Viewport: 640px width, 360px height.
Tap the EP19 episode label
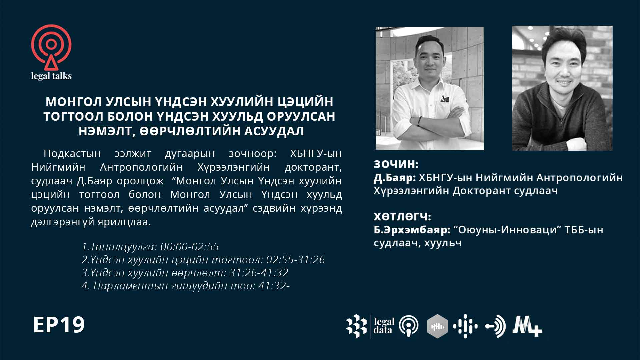click(x=59, y=325)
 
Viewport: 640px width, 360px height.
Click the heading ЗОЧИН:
click(x=396, y=164)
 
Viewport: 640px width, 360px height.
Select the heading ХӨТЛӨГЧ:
click(x=402, y=217)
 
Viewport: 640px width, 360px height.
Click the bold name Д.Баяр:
click(x=395, y=178)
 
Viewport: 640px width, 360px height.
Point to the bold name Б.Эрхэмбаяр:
click(x=412, y=230)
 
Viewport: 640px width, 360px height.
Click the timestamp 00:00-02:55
click(x=190, y=247)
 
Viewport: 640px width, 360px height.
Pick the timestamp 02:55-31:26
click(x=295, y=260)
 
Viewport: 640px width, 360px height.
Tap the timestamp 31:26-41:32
click(x=259, y=273)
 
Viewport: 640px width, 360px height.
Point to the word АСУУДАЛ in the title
click(x=274, y=131)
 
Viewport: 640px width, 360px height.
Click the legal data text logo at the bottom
click(x=384, y=326)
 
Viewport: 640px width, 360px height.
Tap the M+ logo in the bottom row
click(x=527, y=326)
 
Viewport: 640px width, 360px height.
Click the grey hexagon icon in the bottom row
click(x=437, y=326)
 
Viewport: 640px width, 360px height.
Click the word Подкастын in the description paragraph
click(x=72, y=153)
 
